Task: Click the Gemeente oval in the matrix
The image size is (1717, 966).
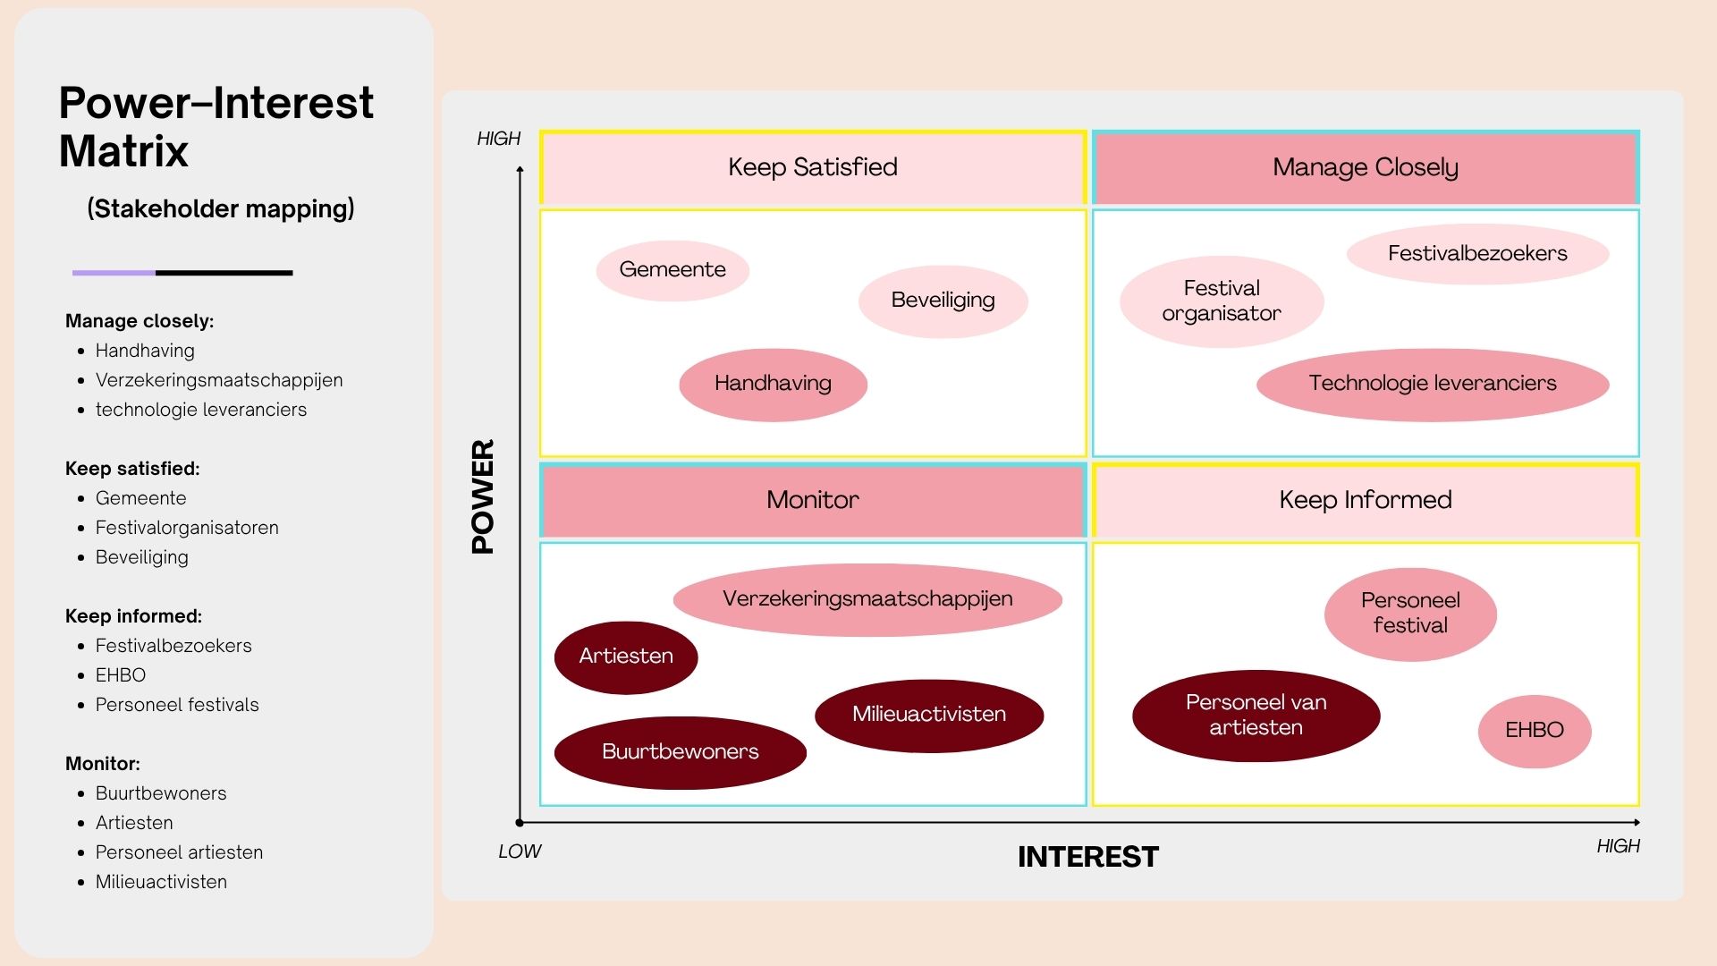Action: click(672, 270)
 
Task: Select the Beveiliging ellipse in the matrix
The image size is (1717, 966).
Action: click(943, 301)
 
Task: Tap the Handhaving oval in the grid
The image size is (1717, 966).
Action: click(773, 384)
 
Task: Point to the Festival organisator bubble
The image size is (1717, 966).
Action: click(1221, 301)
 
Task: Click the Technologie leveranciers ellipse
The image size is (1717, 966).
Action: click(1432, 384)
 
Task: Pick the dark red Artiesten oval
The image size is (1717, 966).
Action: click(625, 657)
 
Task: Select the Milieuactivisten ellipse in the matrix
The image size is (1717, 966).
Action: click(928, 715)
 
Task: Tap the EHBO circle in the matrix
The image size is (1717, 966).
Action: click(1534, 731)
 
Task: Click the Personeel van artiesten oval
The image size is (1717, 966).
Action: click(1256, 716)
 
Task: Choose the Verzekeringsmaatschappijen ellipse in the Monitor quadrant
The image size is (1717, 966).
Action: click(867, 599)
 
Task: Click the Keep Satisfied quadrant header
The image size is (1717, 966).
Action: click(812, 167)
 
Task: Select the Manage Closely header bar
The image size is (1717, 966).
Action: click(1365, 167)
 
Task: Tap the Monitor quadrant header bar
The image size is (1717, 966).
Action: click(812, 500)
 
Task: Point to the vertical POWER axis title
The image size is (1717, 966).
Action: click(483, 496)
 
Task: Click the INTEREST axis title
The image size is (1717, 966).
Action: click(1087, 857)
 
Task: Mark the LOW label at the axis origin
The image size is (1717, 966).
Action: click(520, 852)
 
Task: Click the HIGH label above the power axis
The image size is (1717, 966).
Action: click(498, 139)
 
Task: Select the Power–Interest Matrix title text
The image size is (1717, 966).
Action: click(216, 126)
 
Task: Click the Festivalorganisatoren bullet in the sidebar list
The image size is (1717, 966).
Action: click(187, 528)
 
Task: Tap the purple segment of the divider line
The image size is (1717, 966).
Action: click(114, 273)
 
